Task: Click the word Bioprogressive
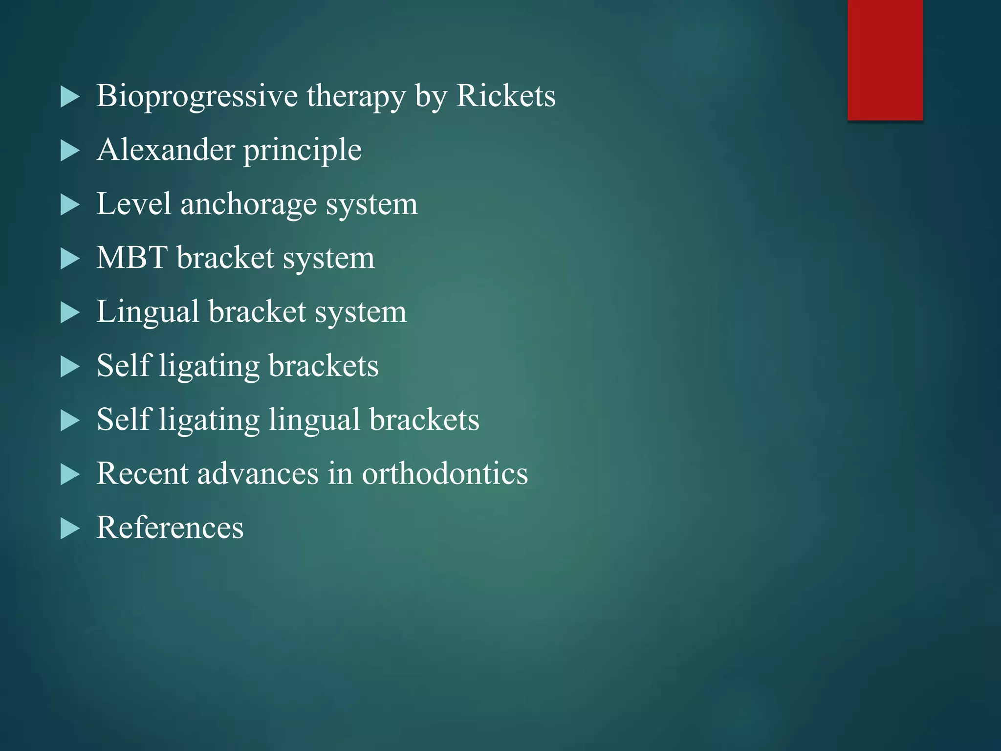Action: click(x=196, y=96)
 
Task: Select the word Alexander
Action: click(x=166, y=150)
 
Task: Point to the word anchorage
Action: click(x=248, y=204)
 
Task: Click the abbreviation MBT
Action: click(x=132, y=258)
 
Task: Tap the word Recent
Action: click(x=142, y=473)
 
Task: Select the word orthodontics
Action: click(x=445, y=473)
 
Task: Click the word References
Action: click(x=170, y=528)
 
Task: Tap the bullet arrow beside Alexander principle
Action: click(x=70, y=151)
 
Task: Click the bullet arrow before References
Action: click(x=70, y=529)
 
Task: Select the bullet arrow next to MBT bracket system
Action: click(x=70, y=259)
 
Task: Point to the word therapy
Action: click(x=356, y=96)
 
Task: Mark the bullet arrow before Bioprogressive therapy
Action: click(x=70, y=97)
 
